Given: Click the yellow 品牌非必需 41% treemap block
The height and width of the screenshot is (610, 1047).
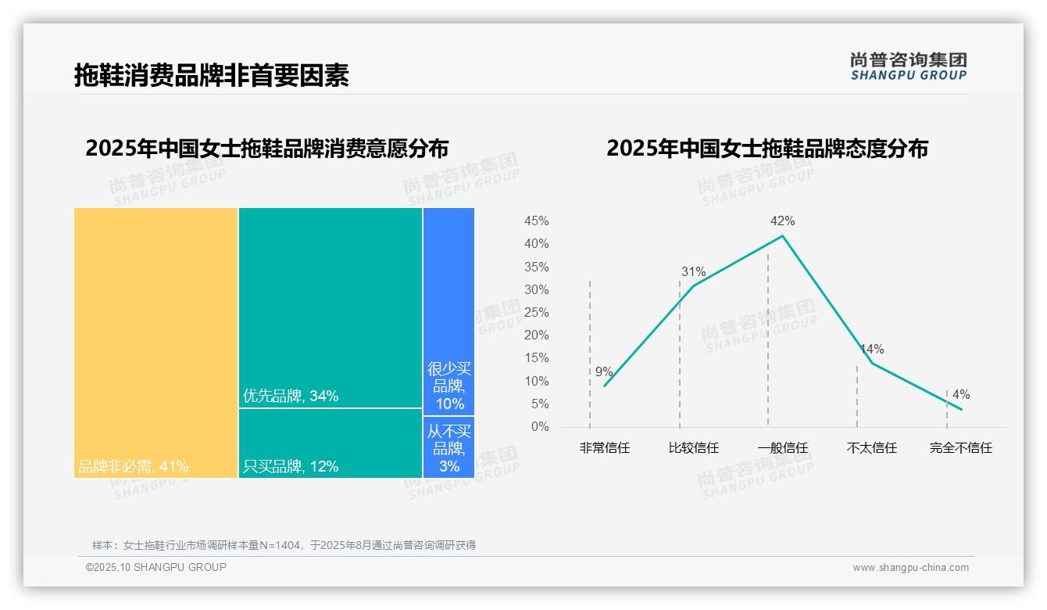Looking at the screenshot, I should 156,343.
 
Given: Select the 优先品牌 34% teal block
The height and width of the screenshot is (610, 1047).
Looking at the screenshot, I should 331,307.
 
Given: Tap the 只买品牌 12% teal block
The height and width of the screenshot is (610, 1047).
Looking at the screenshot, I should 331,443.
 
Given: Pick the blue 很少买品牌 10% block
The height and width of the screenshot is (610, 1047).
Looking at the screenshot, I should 448,311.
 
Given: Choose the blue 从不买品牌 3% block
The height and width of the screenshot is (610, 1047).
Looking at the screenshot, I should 448,447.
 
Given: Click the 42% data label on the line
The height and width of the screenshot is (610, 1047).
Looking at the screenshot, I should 782,221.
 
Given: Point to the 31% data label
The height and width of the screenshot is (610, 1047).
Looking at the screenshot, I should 693,272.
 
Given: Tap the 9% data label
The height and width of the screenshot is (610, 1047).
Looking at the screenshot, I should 604,372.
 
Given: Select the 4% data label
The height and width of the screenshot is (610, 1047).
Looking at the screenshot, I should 961,395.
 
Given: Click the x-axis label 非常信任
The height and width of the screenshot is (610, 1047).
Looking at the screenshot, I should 604,448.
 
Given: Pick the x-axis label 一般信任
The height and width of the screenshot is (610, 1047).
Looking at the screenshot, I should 782,448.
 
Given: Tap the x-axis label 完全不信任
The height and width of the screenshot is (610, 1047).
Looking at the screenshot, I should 960,448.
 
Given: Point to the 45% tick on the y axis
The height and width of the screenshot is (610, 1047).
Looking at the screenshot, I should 536,221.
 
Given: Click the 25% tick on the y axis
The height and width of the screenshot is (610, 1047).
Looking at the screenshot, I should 536,313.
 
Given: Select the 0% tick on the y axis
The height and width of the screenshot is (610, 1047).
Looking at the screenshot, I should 540,427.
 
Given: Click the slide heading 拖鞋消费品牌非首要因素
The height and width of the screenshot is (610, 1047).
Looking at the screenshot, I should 211,75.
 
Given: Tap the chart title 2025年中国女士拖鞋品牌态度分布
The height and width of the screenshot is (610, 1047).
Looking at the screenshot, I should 766,149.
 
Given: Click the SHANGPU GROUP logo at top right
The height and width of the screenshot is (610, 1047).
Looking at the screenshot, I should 908,66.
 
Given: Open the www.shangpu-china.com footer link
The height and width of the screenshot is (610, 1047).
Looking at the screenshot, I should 910,568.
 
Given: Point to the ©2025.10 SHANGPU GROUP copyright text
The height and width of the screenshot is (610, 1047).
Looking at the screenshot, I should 156,567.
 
